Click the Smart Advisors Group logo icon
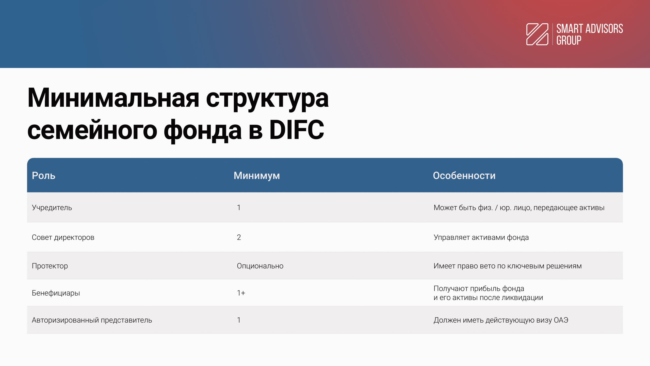(x=537, y=34)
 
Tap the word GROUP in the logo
(x=569, y=40)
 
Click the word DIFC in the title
(x=297, y=130)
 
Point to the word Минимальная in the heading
(x=113, y=98)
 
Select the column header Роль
(x=43, y=176)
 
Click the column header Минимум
(x=257, y=176)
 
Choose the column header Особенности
(x=464, y=176)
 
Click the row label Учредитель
(x=52, y=208)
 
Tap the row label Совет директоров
(x=63, y=237)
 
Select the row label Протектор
(x=50, y=266)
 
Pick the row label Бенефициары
(x=56, y=293)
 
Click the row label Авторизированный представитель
(x=92, y=320)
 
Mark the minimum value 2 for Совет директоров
(x=239, y=237)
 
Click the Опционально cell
(x=260, y=266)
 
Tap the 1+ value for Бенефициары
(x=241, y=293)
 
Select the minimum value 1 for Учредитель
(x=239, y=208)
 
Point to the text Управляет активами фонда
(x=481, y=237)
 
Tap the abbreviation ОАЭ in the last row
(x=561, y=320)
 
